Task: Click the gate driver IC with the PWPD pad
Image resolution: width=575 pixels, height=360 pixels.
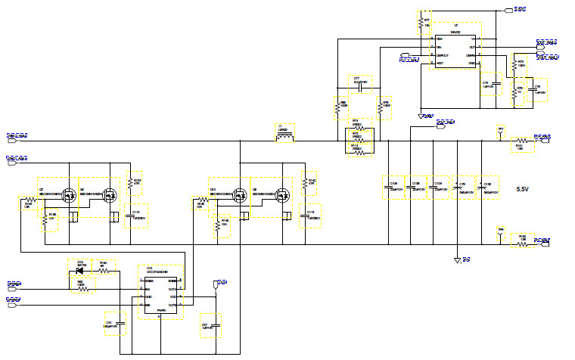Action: point(160,290)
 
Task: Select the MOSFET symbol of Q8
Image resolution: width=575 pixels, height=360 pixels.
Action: point(110,194)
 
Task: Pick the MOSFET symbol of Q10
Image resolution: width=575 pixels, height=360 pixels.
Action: point(240,194)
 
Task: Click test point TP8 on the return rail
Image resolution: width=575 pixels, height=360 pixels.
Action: point(500,234)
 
